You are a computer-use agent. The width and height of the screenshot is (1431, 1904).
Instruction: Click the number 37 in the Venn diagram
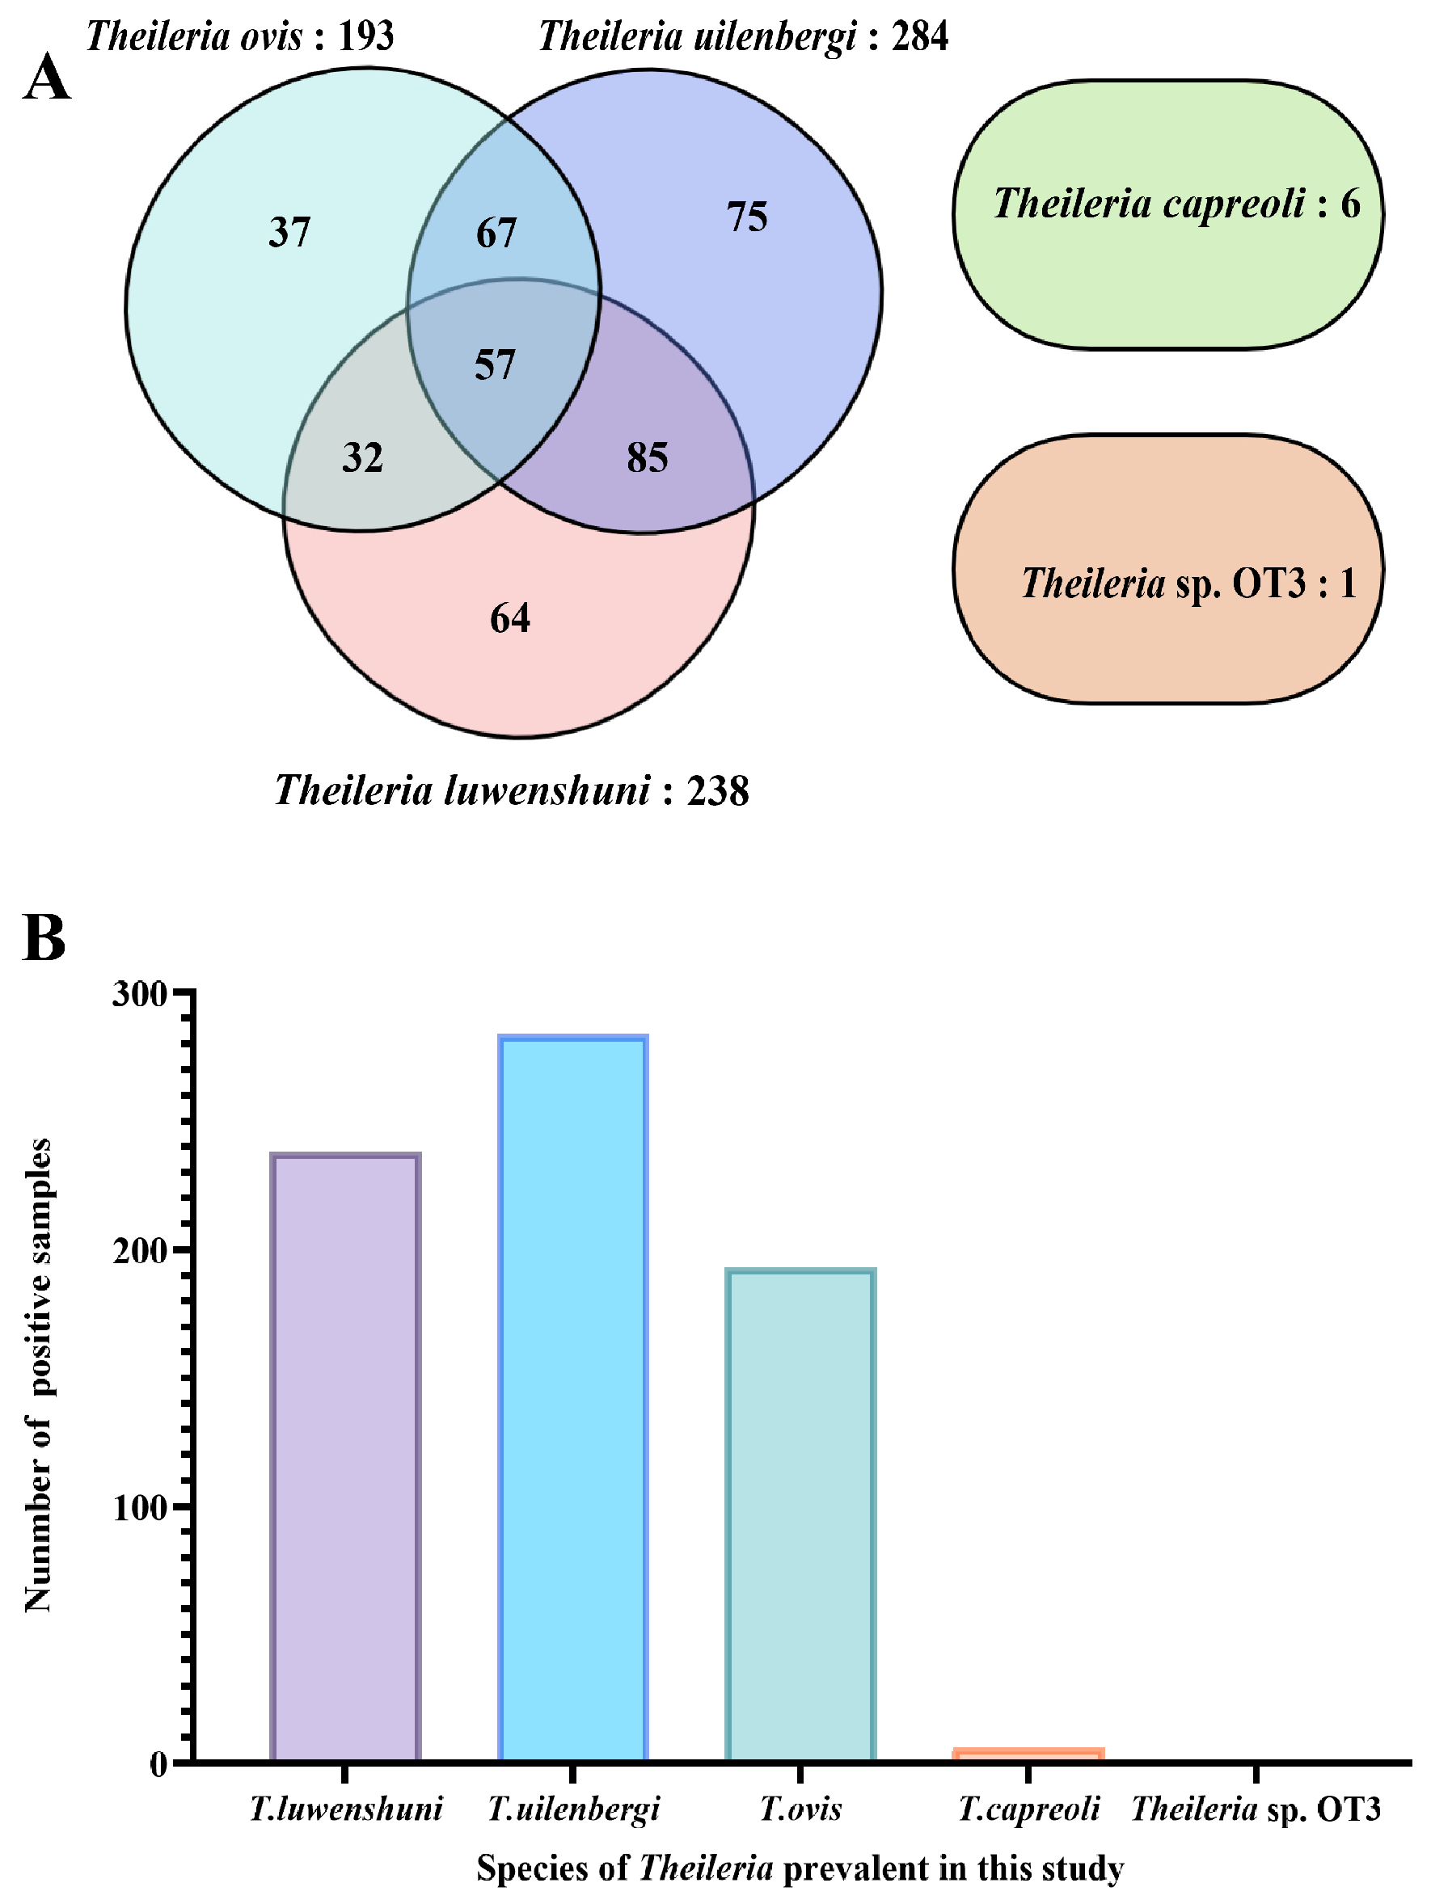(289, 233)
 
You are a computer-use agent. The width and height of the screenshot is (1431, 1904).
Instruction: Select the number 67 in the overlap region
(496, 234)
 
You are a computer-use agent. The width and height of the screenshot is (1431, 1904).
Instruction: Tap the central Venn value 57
(495, 365)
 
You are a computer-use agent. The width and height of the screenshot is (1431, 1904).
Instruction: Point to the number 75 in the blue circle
(746, 217)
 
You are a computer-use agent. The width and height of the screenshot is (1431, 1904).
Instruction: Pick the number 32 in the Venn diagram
(361, 457)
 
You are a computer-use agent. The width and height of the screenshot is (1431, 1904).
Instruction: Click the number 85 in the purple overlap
(648, 457)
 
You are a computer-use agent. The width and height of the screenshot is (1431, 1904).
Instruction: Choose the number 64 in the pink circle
(509, 618)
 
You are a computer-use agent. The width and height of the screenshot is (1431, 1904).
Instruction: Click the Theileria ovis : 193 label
(239, 36)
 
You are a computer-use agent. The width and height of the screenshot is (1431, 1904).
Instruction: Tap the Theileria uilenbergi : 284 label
(743, 36)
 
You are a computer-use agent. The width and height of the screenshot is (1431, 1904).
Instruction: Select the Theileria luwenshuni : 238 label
(512, 790)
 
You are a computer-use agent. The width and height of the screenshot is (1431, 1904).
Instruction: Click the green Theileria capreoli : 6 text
(1176, 204)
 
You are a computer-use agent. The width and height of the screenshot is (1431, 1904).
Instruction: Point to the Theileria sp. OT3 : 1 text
(1188, 583)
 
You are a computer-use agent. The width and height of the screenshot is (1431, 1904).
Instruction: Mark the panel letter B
(44, 937)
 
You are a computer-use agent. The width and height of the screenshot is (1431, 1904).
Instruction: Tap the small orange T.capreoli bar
(1028, 1754)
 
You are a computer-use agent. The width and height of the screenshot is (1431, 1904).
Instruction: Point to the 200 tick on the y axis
(140, 1251)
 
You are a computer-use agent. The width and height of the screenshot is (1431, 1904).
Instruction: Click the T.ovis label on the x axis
(800, 1809)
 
